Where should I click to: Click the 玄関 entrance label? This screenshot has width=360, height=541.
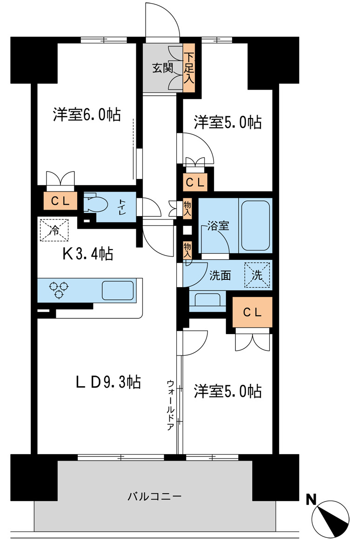[x=162, y=68]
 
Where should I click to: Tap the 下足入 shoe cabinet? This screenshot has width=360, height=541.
[x=188, y=68]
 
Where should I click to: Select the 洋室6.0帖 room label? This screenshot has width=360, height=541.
[x=87, y=114]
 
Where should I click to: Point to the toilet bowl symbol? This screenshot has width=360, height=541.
[x=96, y=204]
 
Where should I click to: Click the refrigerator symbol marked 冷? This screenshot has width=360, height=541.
[x=54, y=230]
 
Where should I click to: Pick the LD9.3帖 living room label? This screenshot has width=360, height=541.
[x=108, y=382]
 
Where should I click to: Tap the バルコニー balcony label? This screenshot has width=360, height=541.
[x=155, y=496]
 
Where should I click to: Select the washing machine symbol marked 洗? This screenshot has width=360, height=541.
[x=257, y=274]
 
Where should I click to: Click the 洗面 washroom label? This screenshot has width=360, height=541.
[x=220, y=275]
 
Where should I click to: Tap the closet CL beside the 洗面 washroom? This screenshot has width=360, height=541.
[x=252, y=312]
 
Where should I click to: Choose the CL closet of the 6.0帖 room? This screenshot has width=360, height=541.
[x=60, y=201]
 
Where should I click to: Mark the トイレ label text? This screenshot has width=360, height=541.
[x=122, y=205]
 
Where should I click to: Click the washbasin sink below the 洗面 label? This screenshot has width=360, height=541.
[x=207, y=300]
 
